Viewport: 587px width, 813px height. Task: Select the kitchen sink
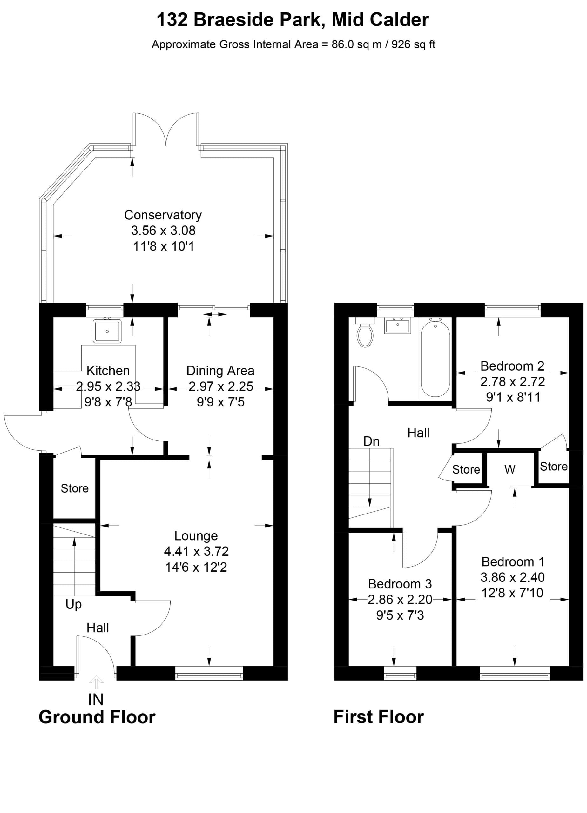(x=107, y=331)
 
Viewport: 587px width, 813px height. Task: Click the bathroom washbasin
(x=398, y=325)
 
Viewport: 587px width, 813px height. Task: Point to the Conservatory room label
(x=163, y=215)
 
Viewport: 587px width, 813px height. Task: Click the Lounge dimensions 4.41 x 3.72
(x=196, y=551)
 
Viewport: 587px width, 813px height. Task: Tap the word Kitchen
(x=108, y=370)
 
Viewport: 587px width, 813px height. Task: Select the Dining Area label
(x=220, y=370)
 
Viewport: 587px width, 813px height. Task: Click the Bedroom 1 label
(x=513, y=561)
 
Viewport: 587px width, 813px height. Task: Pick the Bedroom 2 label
(x=512, y=366)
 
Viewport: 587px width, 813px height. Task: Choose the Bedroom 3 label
(x=400, y=584)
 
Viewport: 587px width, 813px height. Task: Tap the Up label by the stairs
(x=73, y=604)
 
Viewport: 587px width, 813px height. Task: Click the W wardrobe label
(x=510, y=469)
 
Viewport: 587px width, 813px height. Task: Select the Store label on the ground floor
(x=75, y=488)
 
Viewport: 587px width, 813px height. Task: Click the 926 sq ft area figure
(x=414, y=44)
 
